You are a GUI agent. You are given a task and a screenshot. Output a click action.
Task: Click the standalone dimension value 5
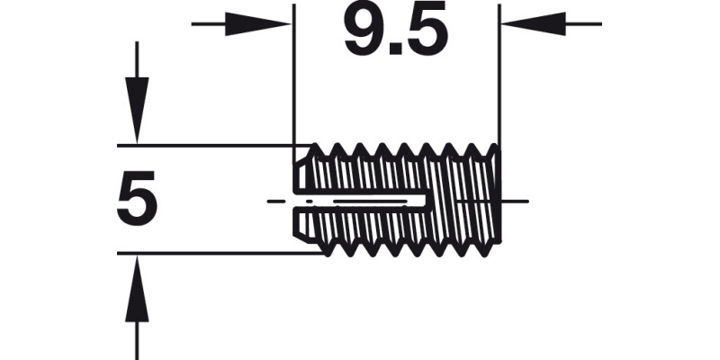coord(137,200)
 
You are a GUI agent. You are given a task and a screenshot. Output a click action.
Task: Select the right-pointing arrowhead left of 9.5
coord(256,24)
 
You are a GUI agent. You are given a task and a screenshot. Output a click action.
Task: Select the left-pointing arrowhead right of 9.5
coord(535,24)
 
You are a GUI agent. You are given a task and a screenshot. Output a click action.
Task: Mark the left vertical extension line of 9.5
coord(293,81)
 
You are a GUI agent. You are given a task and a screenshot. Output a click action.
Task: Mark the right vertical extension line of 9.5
coord(499,81)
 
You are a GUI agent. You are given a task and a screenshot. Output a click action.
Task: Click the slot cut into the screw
coord(360,200)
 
